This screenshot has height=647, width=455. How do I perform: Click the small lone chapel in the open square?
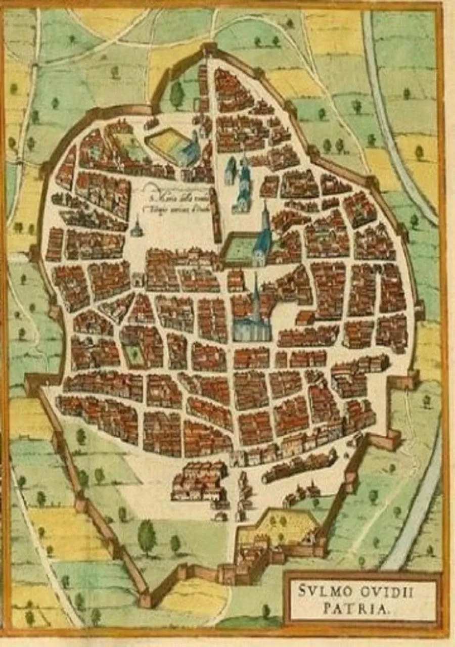(136, 228)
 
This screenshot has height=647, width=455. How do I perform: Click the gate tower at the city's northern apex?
(209, 51)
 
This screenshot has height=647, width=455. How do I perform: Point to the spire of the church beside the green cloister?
(265, 212)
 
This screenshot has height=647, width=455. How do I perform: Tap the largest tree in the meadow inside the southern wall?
(147, 536)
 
